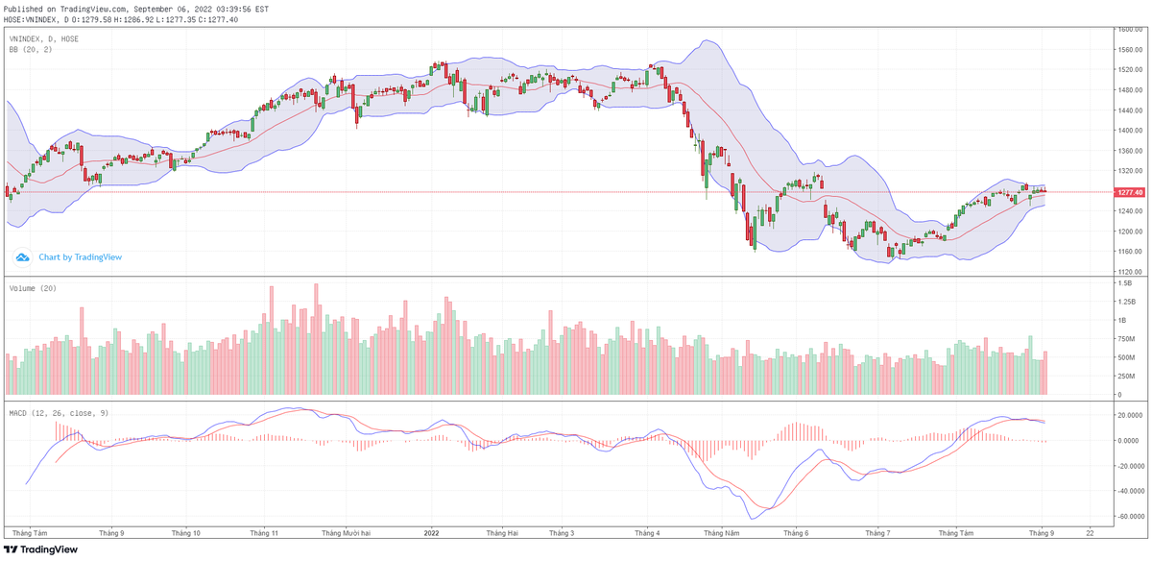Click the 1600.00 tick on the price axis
click(1128, 30)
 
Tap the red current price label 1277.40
click(1128, 192)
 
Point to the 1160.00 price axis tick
click(1128, 252)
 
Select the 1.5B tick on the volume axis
click(1124, 284)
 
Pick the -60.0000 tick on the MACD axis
click(1128, 516)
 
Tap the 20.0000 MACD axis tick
click(1128, 415)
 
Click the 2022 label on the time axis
click(431, 531)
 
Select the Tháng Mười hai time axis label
click(346, 531)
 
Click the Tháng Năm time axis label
click(721, 531)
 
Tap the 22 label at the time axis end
click(1089, 531)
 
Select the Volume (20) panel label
click(31, 288)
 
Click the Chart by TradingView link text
click(80, 257)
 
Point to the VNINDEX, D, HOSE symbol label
click(44, 39)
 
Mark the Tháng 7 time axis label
click(877, 531)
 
